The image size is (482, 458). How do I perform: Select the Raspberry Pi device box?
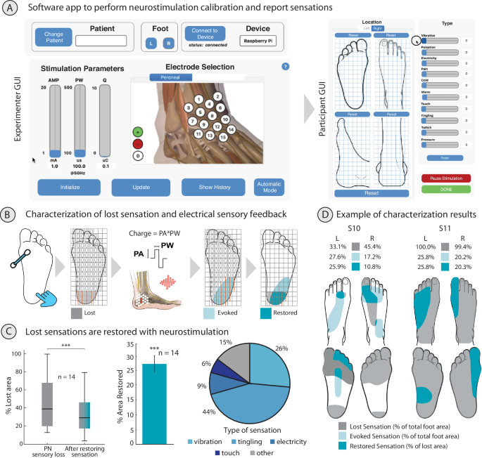click(x=257, y=41)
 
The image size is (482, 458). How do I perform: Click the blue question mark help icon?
click(x=286, y=67)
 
